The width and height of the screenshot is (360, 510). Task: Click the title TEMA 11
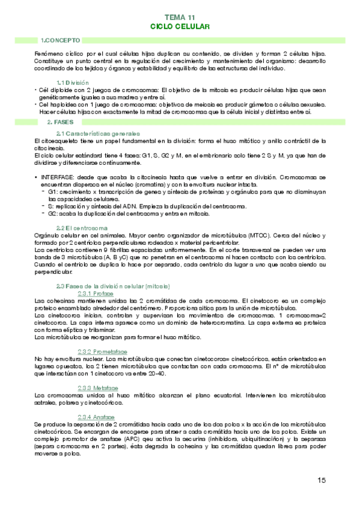pyautogui.click(x=180, y=19)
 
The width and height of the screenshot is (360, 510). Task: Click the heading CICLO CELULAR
pyautogui.click(x=180, y=27)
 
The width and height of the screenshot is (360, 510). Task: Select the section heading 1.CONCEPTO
pyautogui.click(x=59, y=40)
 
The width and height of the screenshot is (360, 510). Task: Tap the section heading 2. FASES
pyautogui.click(x=60, y=121)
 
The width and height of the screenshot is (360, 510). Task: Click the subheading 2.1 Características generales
pyautogui.click(x=98, y=133)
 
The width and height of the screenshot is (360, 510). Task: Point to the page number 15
pyautogui.click(x=322, y=480)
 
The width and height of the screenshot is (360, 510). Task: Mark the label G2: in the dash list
pyautogui.click(x=53, y=214)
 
